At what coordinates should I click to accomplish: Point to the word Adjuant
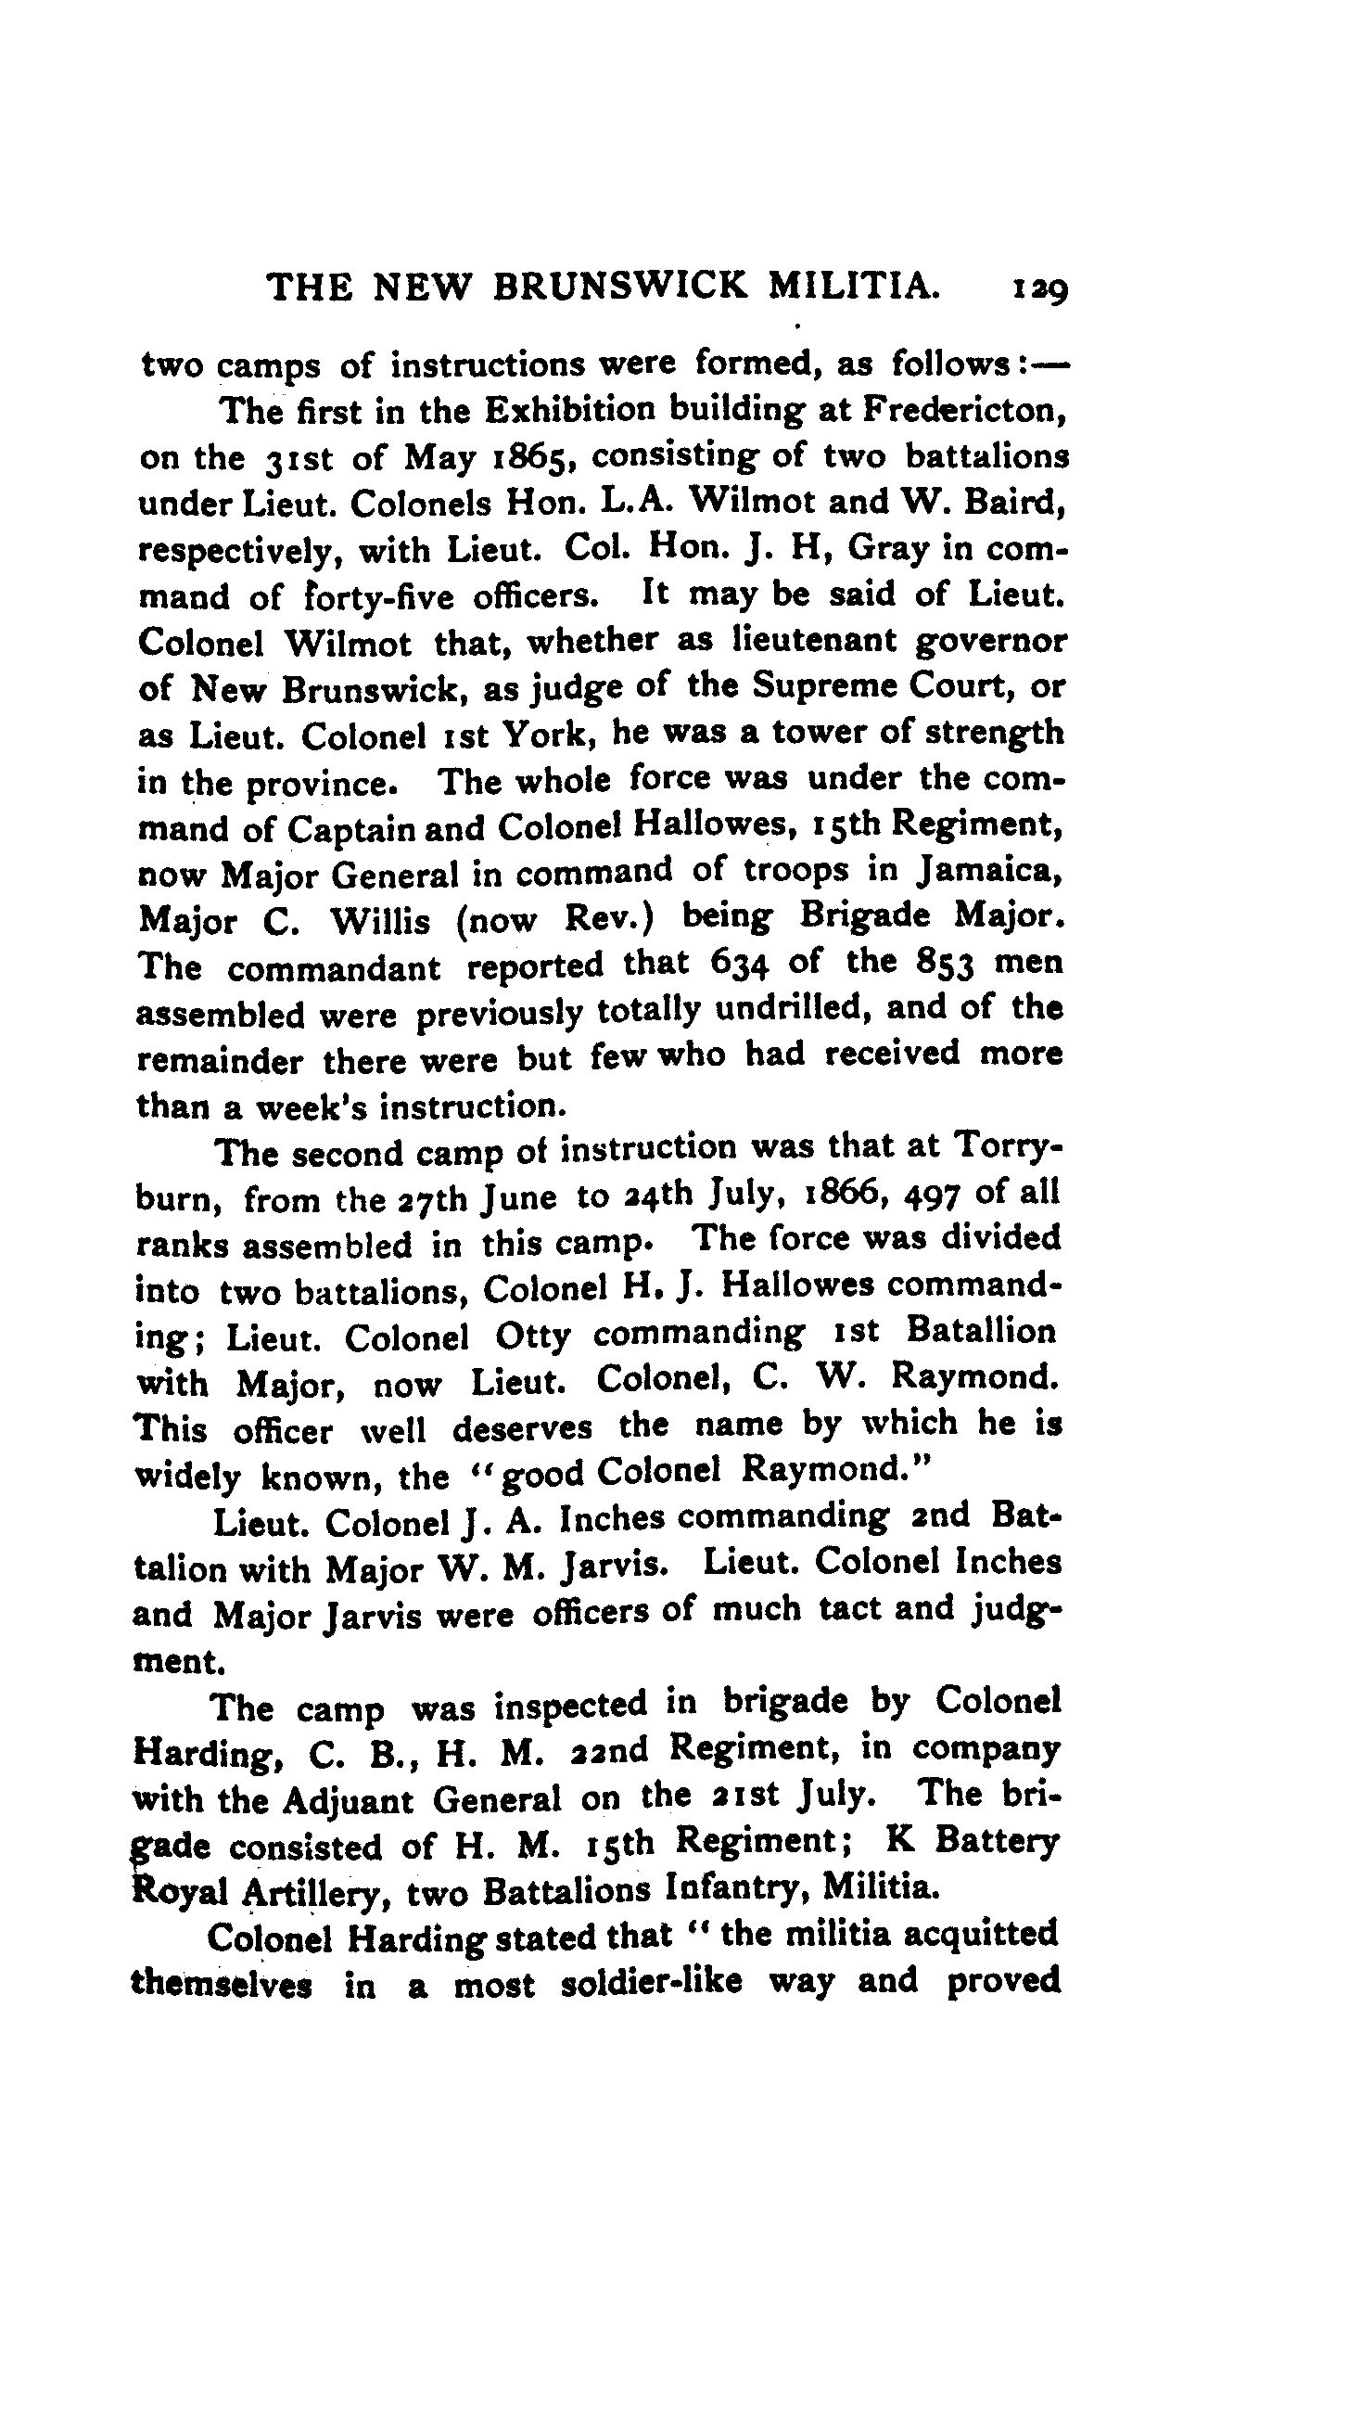point(346,1796)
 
